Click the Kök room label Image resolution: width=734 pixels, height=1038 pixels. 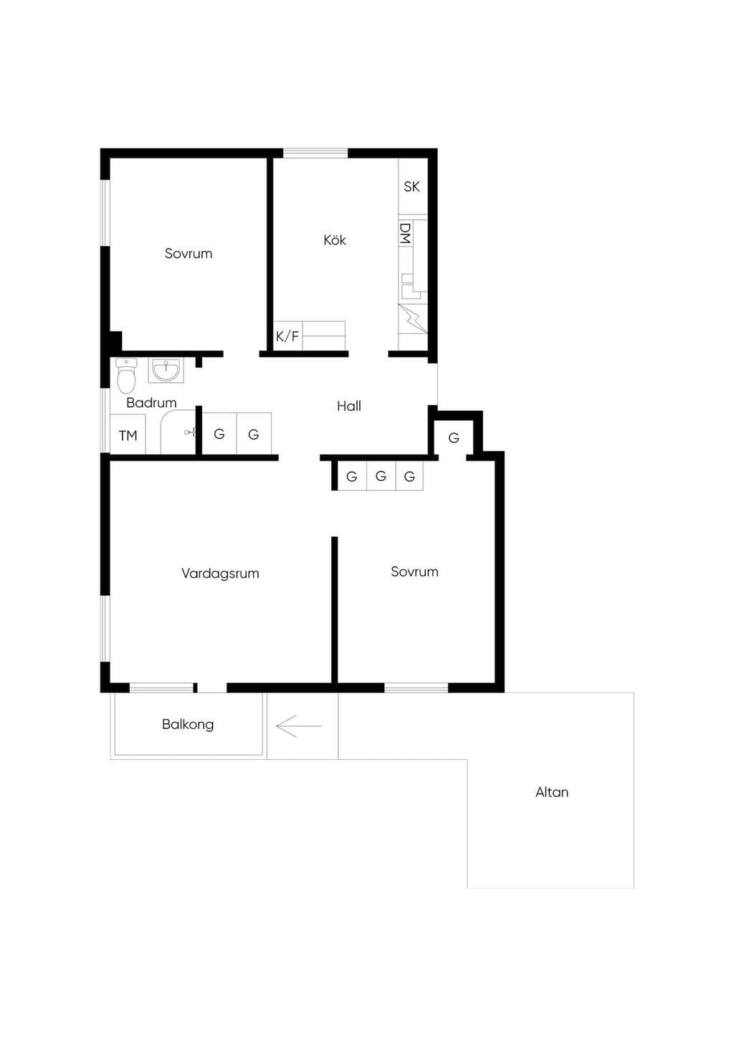(x=335, y=239)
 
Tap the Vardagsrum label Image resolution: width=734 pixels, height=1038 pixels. (x=220, y=573)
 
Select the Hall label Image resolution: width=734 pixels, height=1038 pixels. (x=349, y=406)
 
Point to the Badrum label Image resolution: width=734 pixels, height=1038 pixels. (x=151, y=402)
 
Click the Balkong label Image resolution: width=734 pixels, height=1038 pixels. (x=188, y=724)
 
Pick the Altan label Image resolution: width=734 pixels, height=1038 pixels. (x=552, y=792)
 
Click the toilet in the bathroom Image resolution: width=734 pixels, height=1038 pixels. (x=126, y=376)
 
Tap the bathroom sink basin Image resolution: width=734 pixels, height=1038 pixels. (x=166, y=371)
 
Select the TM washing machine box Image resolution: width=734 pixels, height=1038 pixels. (x=128, y=434)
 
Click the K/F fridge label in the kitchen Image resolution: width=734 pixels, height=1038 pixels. (x=287, y=336)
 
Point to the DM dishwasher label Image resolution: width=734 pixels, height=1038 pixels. (x=406, y=234)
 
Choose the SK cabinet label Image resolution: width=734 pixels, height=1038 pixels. (x=412, y=187)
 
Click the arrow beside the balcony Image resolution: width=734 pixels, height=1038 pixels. (x=299, y=725)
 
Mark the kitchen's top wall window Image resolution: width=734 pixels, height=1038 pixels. (x=315, y=153)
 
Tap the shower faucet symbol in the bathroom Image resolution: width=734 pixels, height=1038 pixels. (x=189, y=432)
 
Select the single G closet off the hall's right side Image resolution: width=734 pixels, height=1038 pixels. (x=454, y=437)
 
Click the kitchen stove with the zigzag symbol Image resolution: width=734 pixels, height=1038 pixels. (x=413, y=319)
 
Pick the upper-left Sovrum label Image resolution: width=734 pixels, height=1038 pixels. (x=189, y=254)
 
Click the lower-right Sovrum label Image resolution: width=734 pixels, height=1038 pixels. (x=415, y=571)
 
